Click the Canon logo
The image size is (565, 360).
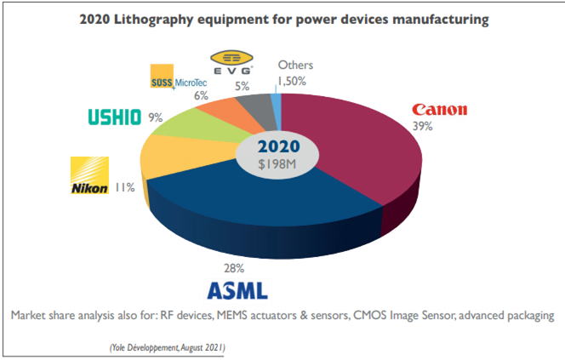pos(440,110)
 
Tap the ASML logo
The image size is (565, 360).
pos(237,290)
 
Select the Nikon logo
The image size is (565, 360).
pos(89,175)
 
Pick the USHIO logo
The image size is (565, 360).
pos(115,117)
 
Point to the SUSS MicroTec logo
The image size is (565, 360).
pos(179,77)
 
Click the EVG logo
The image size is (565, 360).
pos(231,62)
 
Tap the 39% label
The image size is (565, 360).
pos(422,126)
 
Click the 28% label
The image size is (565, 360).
pos(234,268)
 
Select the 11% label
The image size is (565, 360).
pos(125,187)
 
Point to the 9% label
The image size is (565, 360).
pos(156,117)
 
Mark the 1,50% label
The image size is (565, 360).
pos(292,81)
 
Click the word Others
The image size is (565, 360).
pos(295,65)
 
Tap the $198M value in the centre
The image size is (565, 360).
pos(277,164)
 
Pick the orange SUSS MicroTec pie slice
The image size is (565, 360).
pos(231,111)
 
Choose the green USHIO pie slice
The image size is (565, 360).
pos(202,126)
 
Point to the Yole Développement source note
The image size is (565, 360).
pos(168,348)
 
